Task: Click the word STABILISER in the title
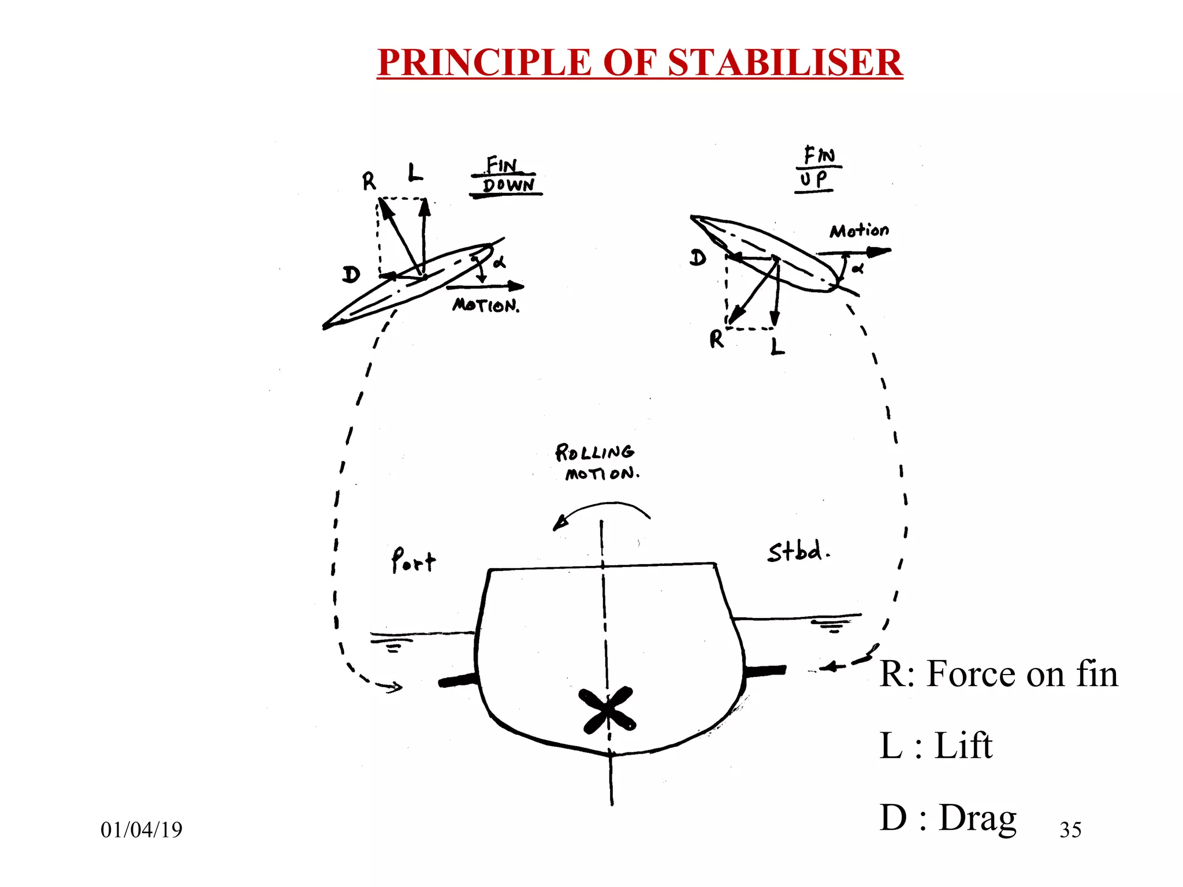785,62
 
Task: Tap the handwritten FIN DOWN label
507,176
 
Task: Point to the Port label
413,560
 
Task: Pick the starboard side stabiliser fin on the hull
765,670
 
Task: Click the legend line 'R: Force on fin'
998,674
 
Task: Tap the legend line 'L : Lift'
936,746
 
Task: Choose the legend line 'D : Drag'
947,818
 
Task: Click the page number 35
1070,830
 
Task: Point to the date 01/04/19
142,830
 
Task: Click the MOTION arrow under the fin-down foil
485,286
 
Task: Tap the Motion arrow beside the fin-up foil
854,251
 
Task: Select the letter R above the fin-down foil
369,182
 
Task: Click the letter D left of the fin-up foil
698,258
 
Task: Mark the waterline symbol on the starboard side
831,625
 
